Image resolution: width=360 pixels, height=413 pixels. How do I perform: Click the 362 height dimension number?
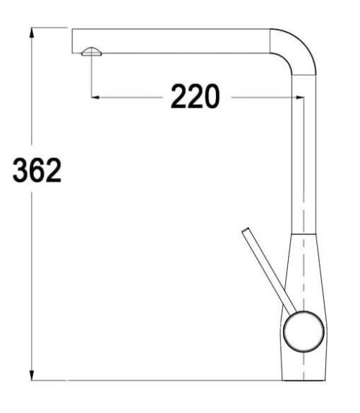pos(37,170)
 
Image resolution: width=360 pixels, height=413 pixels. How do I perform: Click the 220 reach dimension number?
pos(195,97)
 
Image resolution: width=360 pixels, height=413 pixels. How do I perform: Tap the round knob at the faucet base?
pos(303,332)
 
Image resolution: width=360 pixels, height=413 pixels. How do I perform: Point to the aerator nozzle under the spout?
pos(91,52)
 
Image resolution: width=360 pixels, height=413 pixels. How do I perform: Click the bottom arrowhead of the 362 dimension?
pos(32,375)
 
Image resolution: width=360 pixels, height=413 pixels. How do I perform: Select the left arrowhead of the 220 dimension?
pos(95,97)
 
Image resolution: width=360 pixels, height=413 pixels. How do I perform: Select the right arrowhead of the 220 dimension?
pos(300,97)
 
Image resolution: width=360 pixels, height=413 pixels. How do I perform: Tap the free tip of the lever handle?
pos(246,230)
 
